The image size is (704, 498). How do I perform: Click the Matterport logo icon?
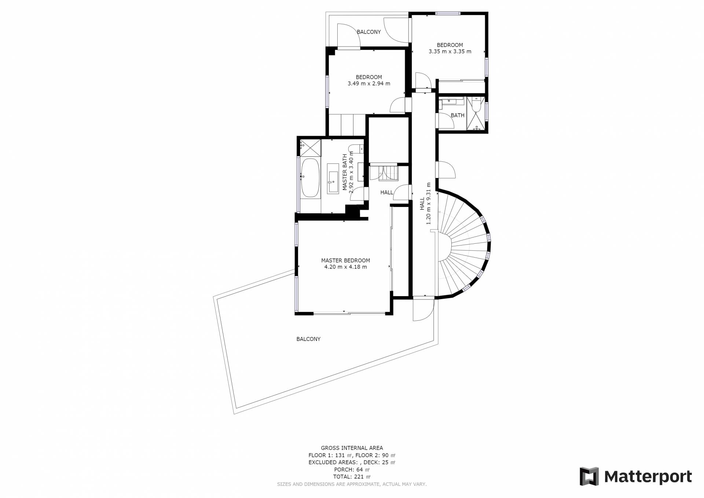589,476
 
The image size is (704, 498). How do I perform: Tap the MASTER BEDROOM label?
345,261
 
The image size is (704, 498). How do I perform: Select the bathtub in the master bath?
310,178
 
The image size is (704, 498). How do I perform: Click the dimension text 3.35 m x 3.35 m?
450,51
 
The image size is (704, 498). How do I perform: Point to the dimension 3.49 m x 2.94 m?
369,84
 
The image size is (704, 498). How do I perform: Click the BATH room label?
458,115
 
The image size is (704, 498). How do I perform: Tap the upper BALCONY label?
369,32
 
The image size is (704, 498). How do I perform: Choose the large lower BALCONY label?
308,339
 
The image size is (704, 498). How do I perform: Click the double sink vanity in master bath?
333,178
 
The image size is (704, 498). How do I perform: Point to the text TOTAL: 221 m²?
352,477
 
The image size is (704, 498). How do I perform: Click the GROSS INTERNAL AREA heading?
352,448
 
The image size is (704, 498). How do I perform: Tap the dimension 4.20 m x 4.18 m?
345,267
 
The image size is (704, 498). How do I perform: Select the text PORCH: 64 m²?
352,469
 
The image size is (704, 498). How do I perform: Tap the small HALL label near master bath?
386,192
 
